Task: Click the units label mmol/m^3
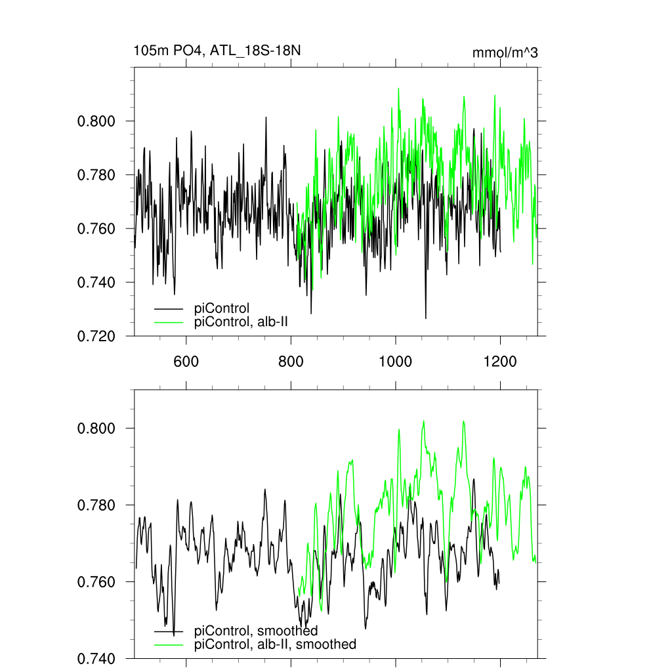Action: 505,52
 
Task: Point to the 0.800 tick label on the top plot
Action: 96,121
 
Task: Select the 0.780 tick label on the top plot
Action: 96,175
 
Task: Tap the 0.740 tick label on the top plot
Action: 96,283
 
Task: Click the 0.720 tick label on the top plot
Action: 96,337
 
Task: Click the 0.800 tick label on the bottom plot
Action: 96,429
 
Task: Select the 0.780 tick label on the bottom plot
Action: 96,505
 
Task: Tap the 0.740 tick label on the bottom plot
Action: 96,658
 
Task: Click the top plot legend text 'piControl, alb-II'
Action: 241,322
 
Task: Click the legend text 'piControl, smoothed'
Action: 256,631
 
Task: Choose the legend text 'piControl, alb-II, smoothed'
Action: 276,644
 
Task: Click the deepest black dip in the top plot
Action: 425,318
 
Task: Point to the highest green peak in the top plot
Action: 398,89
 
